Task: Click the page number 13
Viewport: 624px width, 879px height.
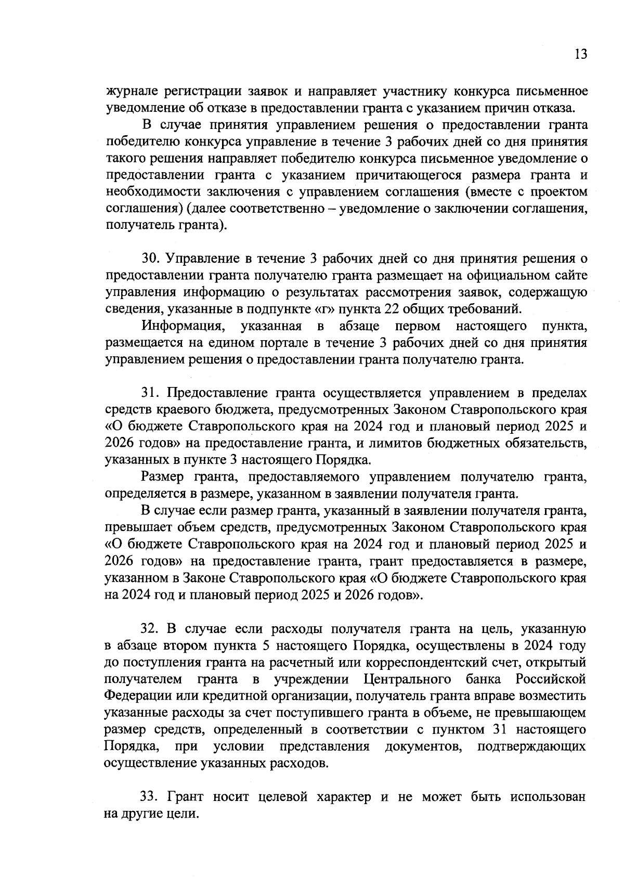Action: pos(581,54)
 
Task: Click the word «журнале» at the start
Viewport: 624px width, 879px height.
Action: pos(133,92)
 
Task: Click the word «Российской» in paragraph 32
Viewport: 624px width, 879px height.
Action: pos(551,679)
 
